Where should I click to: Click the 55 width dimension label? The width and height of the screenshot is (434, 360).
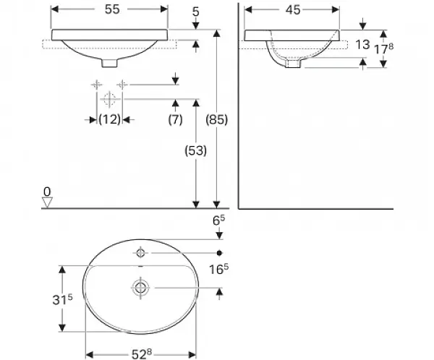112,9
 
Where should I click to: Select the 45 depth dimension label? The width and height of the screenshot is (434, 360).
293,10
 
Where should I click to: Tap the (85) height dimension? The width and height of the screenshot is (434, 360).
217,119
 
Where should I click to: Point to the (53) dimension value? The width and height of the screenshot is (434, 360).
196,150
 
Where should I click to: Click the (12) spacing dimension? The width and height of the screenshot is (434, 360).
110,119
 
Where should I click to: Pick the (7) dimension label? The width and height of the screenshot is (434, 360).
175,119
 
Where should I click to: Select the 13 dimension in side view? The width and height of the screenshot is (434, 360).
362,45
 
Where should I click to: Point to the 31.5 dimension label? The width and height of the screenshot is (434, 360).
62,299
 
